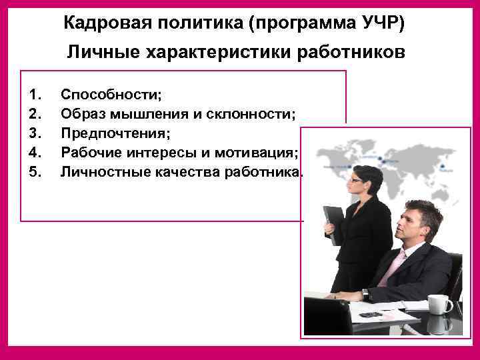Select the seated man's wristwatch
[365, 294]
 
